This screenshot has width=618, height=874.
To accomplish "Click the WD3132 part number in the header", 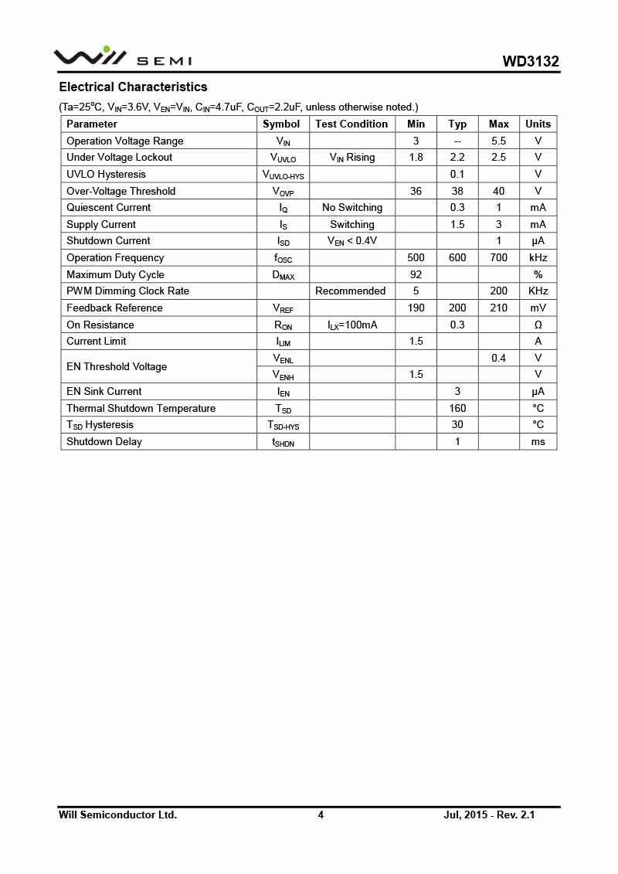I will click(x=531, y=61).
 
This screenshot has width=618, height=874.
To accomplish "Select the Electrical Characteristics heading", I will click(x=133, y=87).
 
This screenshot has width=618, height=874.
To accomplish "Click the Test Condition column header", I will click(x=351, y=124).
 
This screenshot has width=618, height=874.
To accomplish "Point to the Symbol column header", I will click(x=281, y=124).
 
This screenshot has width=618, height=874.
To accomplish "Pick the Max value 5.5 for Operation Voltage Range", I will click(x=499, y=141).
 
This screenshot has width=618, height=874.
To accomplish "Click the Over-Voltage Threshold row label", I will click(x=121, y=191).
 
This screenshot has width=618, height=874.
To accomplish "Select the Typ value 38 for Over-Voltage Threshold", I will click(x=457, y=191).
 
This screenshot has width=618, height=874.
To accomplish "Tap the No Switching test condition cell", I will click(x=352, y=207).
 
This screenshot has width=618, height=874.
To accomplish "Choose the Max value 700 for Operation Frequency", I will click(x=499, y=257).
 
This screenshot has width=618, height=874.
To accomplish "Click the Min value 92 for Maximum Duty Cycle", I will click(x=416, y=274).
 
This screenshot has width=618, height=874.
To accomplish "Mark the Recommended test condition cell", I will click(x=351, y=291).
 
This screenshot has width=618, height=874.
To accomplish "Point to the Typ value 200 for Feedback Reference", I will click(x=457, y=308).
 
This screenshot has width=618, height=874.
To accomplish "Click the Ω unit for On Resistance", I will click(x=538, y=325).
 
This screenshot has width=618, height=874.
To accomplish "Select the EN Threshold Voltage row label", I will click(x=116, y=366).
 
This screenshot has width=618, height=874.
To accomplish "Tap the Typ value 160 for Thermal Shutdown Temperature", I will click(x=457, y=408).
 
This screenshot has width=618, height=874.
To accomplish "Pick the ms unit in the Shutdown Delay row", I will click(x=538, y=441).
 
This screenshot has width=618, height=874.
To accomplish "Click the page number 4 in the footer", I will click(x=321, y=814).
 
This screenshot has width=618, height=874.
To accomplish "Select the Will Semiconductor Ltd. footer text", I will click(x=117, y=814).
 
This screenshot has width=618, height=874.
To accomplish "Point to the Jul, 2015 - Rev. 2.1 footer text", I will click(x=489, y=814).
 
